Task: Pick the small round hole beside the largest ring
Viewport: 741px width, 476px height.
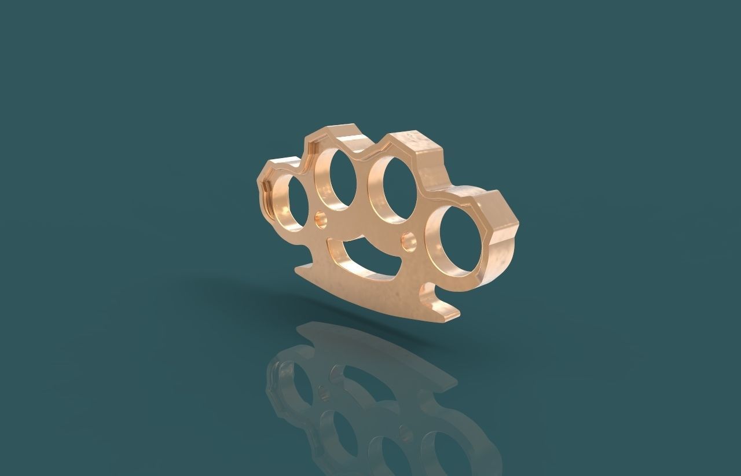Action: click(x=409, y=241)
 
